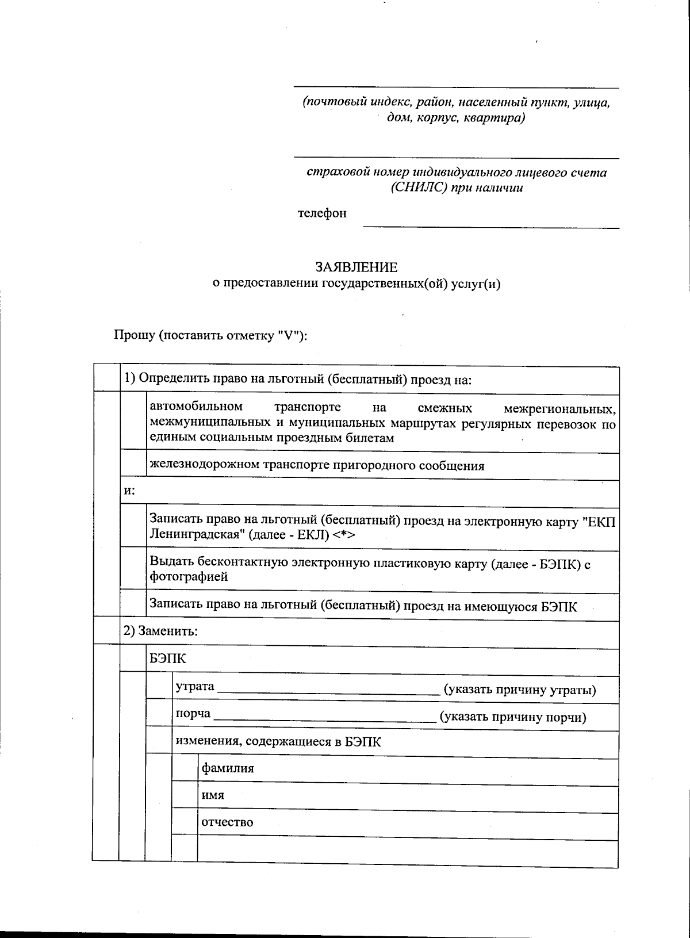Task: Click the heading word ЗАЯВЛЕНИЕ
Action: tap(356, 267)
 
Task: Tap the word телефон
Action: tap(322, 213)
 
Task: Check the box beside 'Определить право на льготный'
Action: tap(106, 378)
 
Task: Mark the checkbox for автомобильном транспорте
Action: tap(133, 422)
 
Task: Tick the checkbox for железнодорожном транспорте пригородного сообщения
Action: tap(133, 466)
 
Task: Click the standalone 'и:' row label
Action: tap(129, 491)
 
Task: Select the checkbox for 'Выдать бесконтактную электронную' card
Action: tap(133, 570)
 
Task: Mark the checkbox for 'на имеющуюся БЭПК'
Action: tap(133, 605)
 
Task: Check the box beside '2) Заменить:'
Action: tap(106, 631)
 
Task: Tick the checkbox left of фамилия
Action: tap(185, 768)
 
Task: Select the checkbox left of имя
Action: tap(185, 795)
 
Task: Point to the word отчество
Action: tap(227, 822)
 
